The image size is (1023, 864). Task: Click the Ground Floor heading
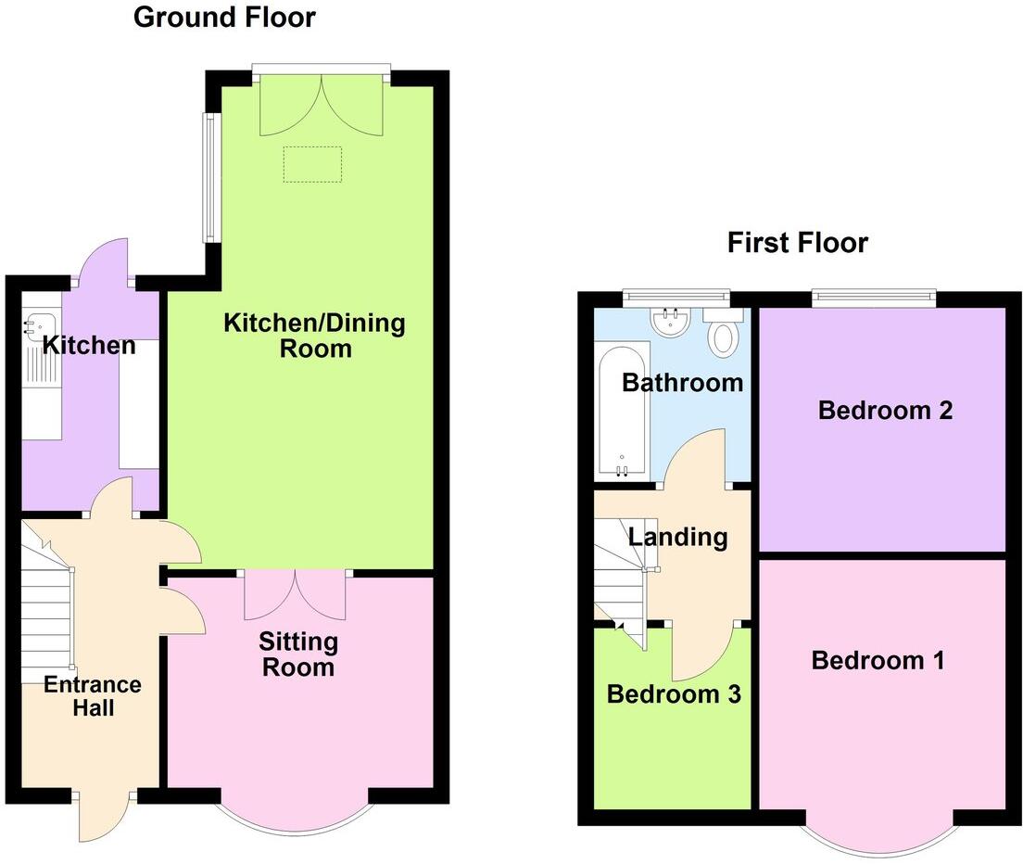(224, 18)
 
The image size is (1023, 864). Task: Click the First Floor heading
(797, 244)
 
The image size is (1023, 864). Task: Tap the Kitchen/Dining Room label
(314, 336)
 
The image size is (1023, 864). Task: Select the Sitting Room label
(297, 654)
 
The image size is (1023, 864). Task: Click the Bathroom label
(682, 382)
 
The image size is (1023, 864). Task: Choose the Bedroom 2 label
(885, 411)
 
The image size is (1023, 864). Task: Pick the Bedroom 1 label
(878, 661)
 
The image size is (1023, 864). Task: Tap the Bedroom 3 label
(674, 694)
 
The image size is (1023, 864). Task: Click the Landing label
(677, 537)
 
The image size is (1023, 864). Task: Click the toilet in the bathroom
(723, 335)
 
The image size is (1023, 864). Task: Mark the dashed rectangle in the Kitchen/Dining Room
(312, 164)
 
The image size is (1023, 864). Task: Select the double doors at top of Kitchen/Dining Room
(321, 104)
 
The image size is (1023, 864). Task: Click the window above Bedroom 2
(874, 297)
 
